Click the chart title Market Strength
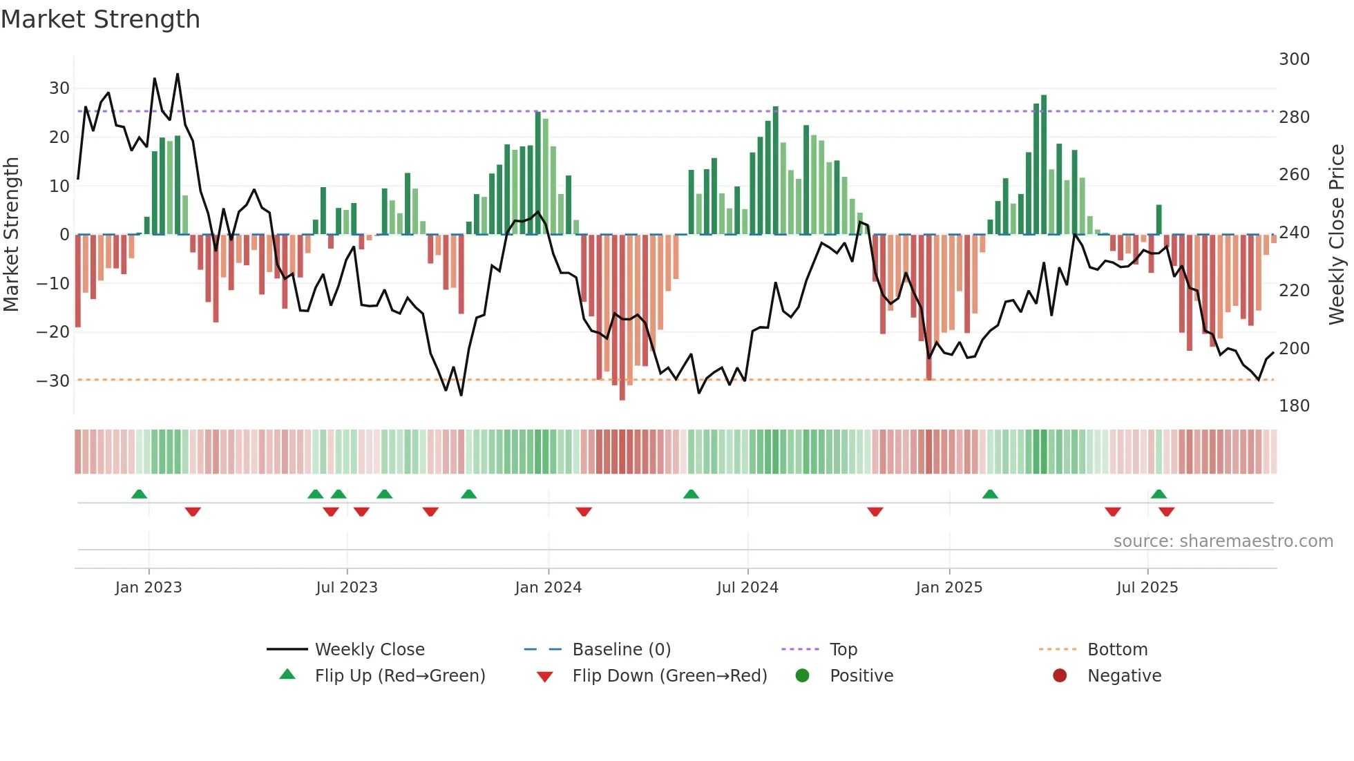tap(100, 19)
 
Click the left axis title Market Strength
tap(11, 235)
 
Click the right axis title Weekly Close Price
tap(1337, 235)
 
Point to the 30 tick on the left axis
tap(59, 88)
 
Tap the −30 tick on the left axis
tap(54, 381)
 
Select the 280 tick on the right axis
tap(1294, 117)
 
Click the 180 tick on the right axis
tap(1294, 406)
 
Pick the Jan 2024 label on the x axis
tap(549, 588)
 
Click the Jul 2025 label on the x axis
tap(1147, 588)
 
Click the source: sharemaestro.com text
tap(1223, 541)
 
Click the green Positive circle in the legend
tap(802, 675)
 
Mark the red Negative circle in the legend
tap(1060, 675)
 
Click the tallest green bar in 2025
tap(1044, 166)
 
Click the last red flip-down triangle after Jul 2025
tap(1167, 512)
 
